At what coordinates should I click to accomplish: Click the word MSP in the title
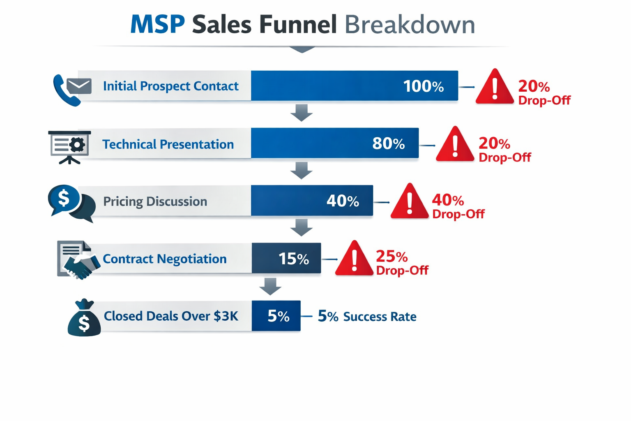point(157,24)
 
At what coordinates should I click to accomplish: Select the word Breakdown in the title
point(410,24)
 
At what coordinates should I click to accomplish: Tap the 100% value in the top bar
point(423,86)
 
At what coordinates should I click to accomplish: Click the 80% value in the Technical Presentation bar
point(388,143)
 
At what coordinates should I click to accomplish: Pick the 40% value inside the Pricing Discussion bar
point(343,201)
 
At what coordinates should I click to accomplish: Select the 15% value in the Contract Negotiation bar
point(293,259)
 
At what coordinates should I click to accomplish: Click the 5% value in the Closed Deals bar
point(278,316)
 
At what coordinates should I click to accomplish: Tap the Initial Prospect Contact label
point(170,86)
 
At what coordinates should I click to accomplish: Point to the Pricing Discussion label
point(155,201)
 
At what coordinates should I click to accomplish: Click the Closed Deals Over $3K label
point(171,316)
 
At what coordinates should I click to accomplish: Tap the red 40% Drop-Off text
point(458,206)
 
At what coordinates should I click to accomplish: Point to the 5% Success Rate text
point(367,316)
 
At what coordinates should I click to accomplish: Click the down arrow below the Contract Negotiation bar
point(270,286)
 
